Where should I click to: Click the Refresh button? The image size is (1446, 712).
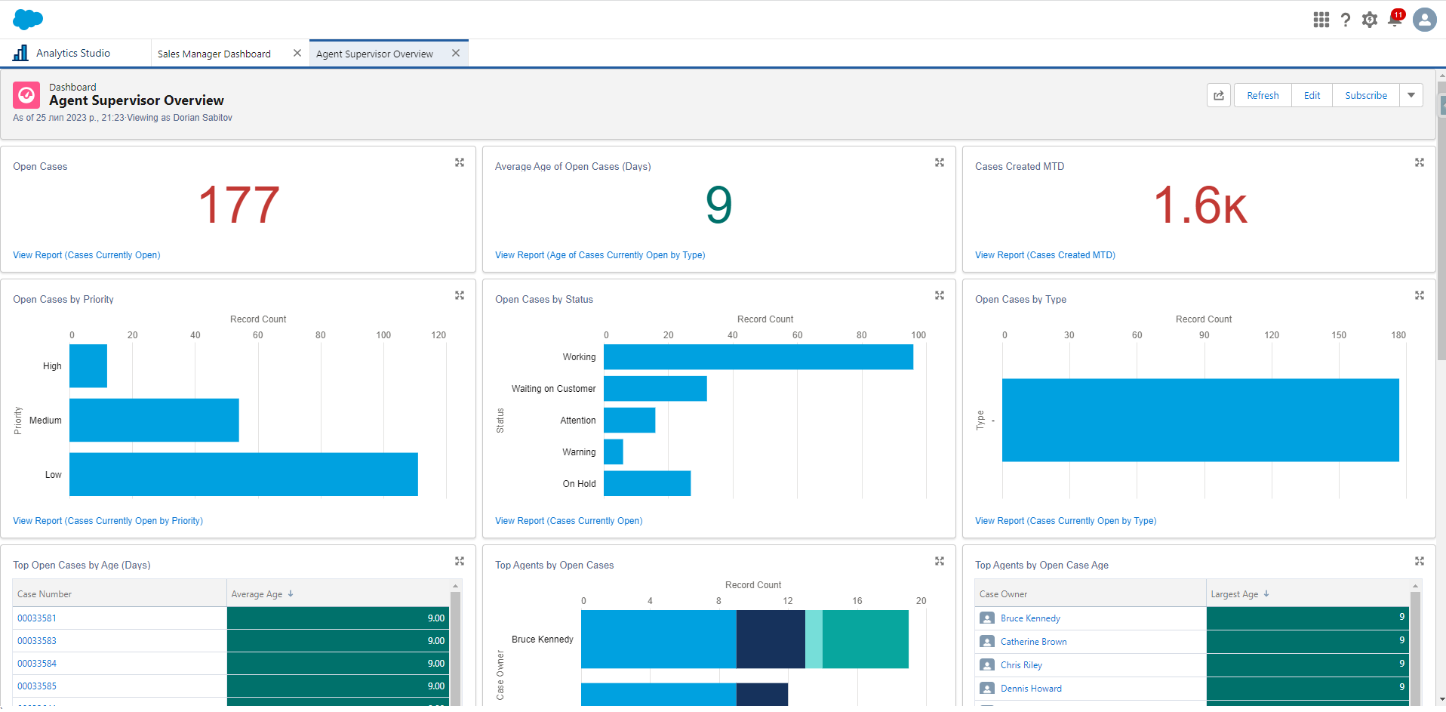pos(1263,96)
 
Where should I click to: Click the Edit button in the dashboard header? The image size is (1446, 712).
pos(1312,96)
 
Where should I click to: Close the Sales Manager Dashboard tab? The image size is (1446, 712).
pos(297,53)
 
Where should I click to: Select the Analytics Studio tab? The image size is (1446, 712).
pos(72,54)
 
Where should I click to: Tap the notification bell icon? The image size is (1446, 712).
pos(1395,20)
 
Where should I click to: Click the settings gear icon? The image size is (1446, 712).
pos(1370,20)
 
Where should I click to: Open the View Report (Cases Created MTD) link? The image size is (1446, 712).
pos(1045,255)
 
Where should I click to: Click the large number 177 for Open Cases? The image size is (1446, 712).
pos(238,205)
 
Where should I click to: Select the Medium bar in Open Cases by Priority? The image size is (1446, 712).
pos(154,421)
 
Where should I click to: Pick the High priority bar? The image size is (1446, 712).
pos(88,366)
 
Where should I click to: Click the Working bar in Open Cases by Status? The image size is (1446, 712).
pos(758,357)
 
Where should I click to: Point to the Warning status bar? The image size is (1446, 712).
pos(614,452)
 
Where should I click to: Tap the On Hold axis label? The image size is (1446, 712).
pos(579,484)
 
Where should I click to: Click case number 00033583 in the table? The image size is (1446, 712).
pos(37,641)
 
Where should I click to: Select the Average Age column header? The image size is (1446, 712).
pos(257,594)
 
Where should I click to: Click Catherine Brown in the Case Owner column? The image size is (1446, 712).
pos(1033,642)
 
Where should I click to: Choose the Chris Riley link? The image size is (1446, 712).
pos(1021,665)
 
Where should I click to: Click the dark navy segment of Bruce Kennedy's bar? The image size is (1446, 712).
pos(771,640)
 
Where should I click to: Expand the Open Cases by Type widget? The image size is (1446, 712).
pos(1419,295)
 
